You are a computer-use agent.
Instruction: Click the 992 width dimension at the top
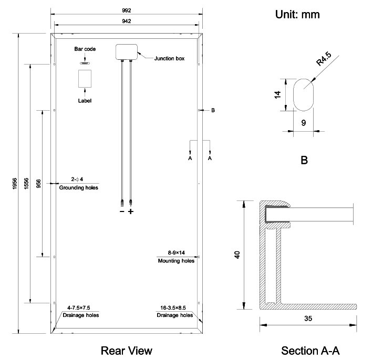[x=126, y=10]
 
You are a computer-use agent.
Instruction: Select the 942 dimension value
[x=126, y=20]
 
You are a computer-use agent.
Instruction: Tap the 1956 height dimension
[x=13, y=183]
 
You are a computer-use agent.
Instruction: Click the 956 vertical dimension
[x=38, y=183]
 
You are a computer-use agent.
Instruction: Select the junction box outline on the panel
[x=127, y=51]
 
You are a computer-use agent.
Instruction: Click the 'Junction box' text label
[x=169, y=59]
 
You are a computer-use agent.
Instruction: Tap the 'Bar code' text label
[x=85, y=49]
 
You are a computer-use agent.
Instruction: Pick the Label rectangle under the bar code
[x=85, y=79]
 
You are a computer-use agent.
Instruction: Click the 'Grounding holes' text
[x=78, y=187]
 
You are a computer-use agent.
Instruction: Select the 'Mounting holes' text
[x=176, y=261]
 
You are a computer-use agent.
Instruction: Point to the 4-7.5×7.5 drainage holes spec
[x=79, y=308]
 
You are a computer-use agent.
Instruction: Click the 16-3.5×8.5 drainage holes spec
[x=175, y=308]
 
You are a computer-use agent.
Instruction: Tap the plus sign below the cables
[x=131, y=212]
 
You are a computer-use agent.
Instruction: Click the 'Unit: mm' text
[x=297, y=15]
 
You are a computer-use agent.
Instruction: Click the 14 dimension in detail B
[x=278, y=94]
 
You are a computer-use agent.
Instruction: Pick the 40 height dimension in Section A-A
[x=237, y=255]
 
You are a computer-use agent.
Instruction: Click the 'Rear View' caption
[x=126, y=350]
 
